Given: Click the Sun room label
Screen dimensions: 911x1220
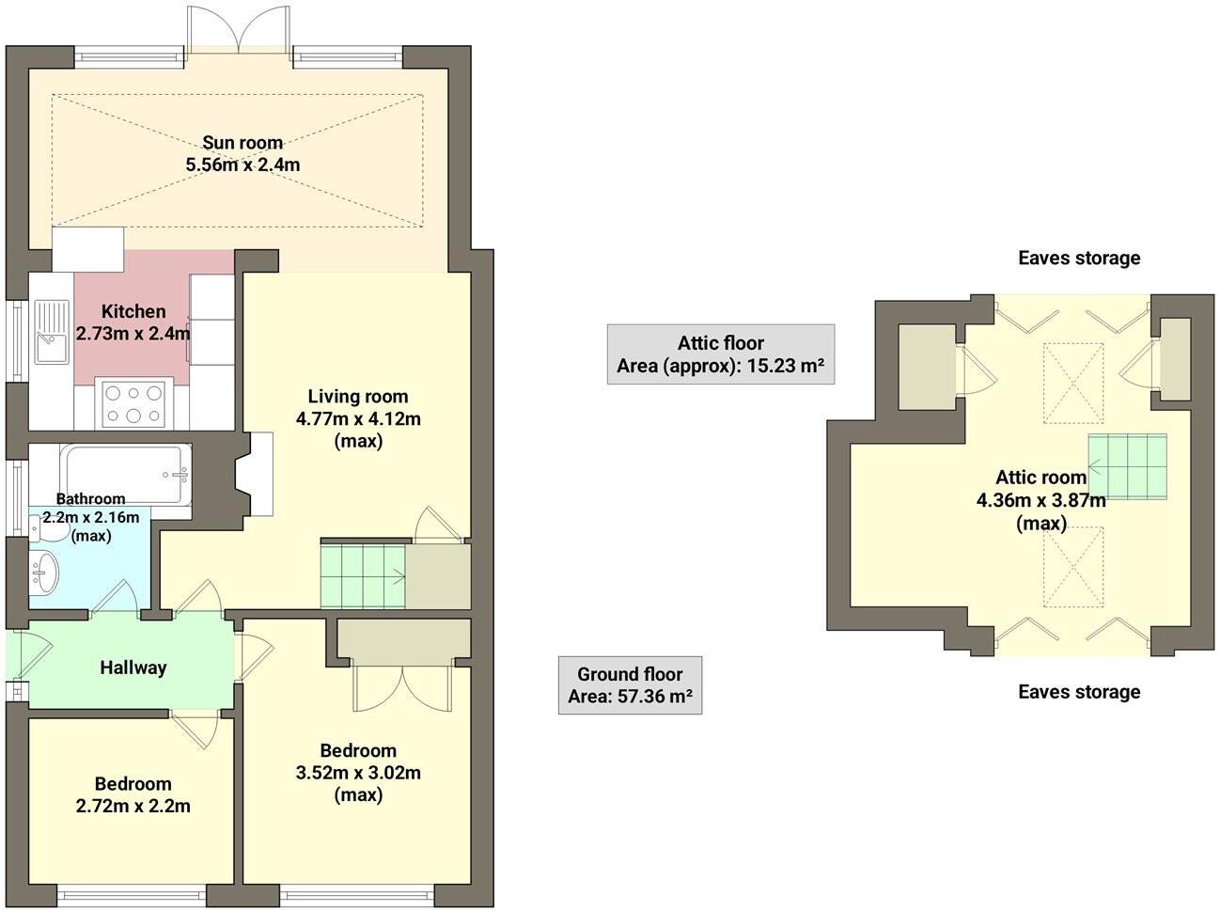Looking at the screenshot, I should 242,143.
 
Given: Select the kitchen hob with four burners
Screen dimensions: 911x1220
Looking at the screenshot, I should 133,404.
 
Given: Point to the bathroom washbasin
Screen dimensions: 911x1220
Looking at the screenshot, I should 44,571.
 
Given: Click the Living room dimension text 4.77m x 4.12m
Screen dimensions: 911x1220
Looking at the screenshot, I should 358,419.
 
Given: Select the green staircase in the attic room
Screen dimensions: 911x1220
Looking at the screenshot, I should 1128,465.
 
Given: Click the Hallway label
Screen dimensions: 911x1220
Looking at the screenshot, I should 133,668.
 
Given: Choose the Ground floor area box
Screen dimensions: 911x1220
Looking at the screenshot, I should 630,685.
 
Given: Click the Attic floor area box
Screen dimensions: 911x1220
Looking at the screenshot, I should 720,354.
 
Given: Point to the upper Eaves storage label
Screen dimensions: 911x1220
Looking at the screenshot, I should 1079,258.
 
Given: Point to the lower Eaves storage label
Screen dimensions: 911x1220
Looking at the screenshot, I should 1079,692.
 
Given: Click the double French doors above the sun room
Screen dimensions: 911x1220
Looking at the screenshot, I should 239,30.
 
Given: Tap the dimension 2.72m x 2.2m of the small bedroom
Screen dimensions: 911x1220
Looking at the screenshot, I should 133,806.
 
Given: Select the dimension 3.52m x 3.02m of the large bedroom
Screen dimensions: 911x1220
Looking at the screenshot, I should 358,773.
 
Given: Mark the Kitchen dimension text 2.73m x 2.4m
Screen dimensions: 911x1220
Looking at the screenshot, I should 133,333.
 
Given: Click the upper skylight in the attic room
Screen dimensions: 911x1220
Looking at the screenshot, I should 1073,383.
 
